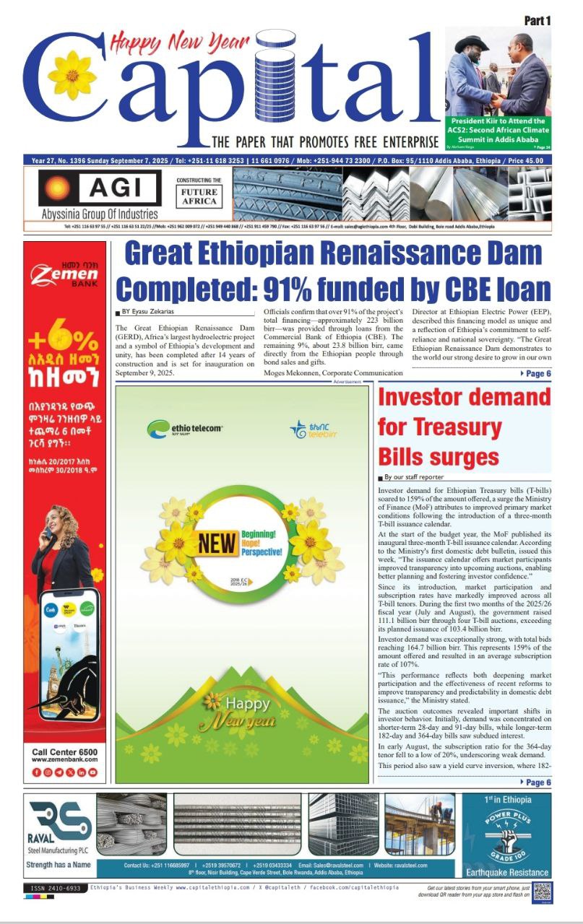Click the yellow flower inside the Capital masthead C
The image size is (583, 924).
(72, 75)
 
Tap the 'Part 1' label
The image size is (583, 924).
(537, 21)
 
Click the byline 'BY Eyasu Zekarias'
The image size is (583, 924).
(147, 312)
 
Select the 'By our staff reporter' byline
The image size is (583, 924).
(414, 478)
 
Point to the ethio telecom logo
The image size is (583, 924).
(184, 429)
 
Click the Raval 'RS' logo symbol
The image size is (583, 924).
(61, 821)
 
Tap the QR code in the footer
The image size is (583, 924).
(543, 891)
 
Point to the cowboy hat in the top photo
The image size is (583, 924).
(472, 44)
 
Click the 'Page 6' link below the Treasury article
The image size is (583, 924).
(535, 783)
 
